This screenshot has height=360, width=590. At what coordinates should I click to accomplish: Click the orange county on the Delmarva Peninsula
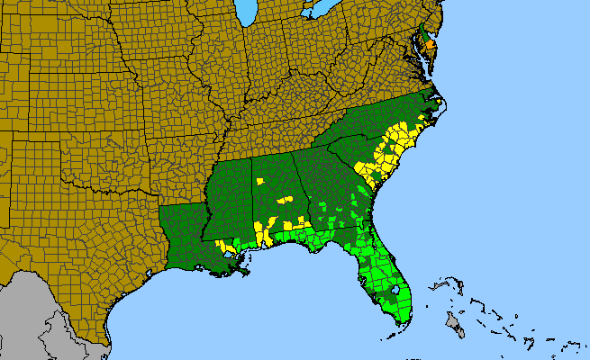pos(431,42)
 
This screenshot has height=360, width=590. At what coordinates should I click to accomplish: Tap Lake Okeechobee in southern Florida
pos(397,292)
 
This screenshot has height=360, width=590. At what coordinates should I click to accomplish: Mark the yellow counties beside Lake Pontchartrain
pos(222,245)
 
